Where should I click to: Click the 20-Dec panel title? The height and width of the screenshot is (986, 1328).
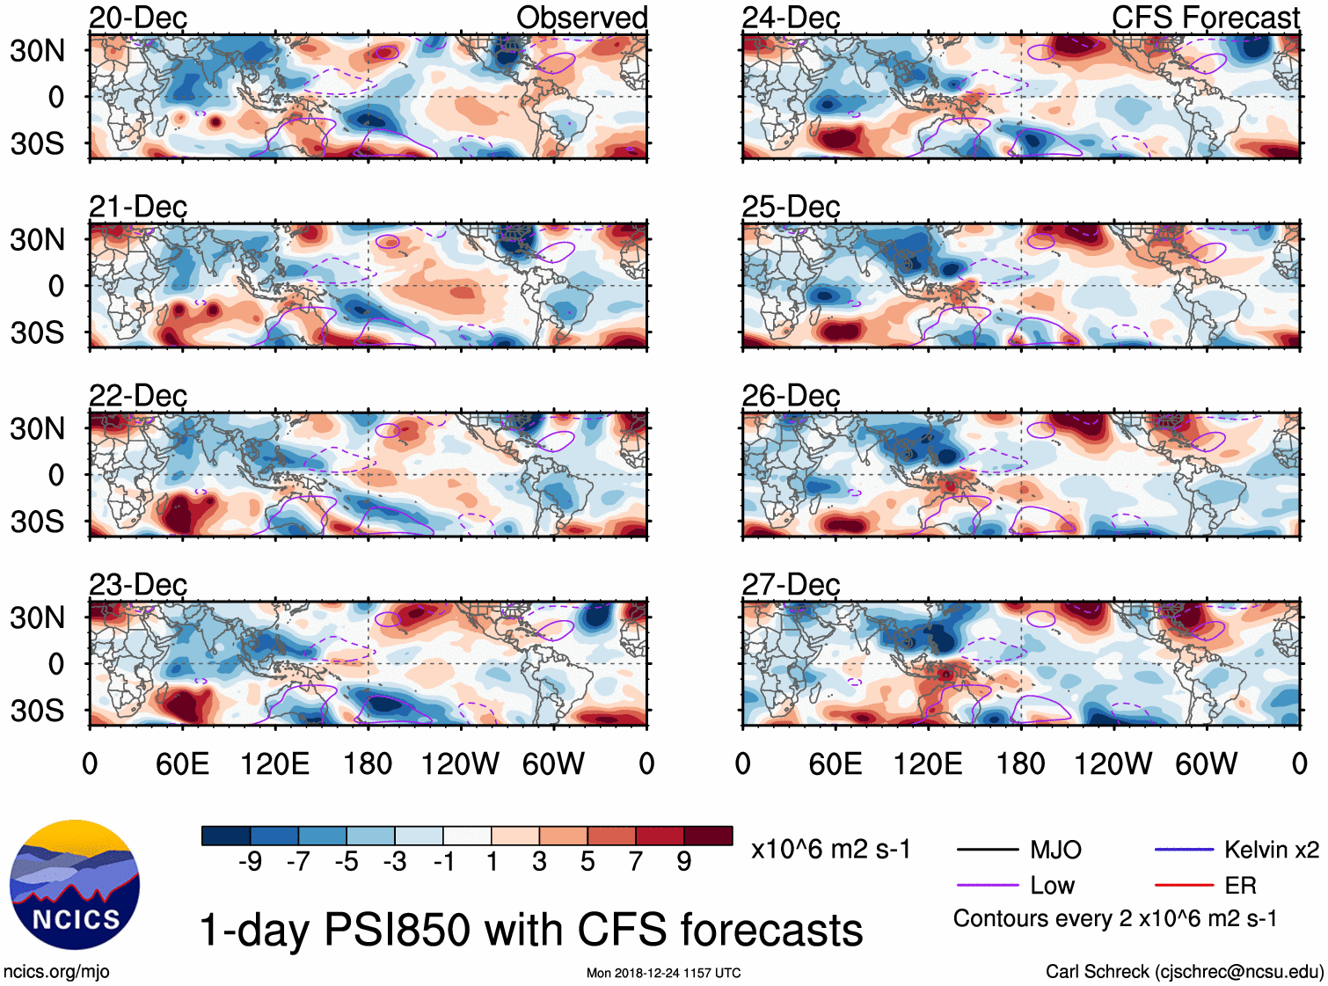pyautogui.click(x=138, y=18)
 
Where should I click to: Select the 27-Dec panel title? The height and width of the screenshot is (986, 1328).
pyautogui.click(x=791, y=584)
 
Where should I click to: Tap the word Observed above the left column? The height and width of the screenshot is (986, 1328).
pyautogui.click(x=581, y=18)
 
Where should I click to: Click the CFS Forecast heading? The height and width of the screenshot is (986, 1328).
pyautogui.click(x=1205, y=18)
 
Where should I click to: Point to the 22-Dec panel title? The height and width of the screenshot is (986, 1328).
pyautogui.click(x=138, y=395)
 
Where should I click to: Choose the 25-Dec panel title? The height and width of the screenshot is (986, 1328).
pyautogui.click(x=791, y=207)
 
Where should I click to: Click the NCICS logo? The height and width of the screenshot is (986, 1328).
pyautogui.click(x=75, y=885)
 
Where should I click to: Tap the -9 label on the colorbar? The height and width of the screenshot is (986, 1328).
pyautogui.click(x=251, y=861)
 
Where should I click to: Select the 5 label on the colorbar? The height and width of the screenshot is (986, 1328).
pyautogui.click(x=587, y=861)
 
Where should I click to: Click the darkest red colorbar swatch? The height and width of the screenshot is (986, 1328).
pyautogui.click(x=708, y=836)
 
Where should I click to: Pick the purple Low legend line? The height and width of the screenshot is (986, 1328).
pyautogui.click(x=987, y=885)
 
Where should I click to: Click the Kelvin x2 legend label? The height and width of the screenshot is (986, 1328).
pyautogui.click(x=1271, y=850)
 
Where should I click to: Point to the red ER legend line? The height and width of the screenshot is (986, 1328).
pyautogui.click(x=1184, y=885)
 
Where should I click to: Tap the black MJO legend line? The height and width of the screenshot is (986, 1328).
pyautogui.click(x=987, y=850)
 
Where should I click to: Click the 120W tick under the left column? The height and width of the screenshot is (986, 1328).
pyautogui.click(x=460, y=763)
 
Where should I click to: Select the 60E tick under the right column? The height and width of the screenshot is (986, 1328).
pyautogui.click(x=835, y=763)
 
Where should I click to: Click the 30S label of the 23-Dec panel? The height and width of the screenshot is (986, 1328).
pyautogui.click(x=37, y=710)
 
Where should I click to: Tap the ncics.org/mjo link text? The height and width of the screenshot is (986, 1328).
pyautogui.click(x=56, y=972)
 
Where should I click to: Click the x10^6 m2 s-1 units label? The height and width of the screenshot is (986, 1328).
pyautogui.click(x=830, y=850)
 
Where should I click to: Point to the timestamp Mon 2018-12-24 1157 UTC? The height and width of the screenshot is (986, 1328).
pyautogui.click(x=663, y=973)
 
